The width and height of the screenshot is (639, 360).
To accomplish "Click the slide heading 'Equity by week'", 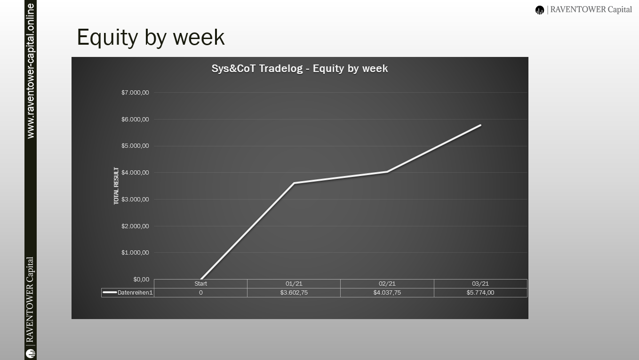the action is [151, 37].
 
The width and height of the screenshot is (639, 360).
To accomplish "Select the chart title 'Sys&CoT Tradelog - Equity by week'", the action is [300, 68].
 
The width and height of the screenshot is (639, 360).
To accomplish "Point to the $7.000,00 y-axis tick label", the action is [135, 92].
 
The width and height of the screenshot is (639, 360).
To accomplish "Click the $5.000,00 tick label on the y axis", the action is [135, 146].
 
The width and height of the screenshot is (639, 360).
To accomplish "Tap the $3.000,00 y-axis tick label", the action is [135, 200].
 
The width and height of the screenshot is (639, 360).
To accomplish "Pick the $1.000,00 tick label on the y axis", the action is [135, 252].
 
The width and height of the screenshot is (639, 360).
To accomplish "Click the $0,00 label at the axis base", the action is [141, 279].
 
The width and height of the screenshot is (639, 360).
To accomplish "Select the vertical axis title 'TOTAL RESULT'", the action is [116, 186].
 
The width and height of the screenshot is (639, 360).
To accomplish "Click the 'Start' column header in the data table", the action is [200, 284].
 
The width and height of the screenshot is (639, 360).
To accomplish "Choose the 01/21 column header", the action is [294, 284].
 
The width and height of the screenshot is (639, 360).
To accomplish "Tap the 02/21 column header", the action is [387, 284].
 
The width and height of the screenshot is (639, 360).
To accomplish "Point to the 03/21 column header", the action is [480, 284].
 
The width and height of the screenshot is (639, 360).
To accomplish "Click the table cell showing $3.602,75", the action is [294, 293].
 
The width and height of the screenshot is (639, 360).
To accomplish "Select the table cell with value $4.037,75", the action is [387, 293].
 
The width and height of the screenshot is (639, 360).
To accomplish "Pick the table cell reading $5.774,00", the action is [480, 293].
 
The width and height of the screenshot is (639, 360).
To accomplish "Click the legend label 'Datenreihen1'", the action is [135, 293].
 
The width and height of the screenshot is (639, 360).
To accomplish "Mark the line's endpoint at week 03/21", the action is [480, 125].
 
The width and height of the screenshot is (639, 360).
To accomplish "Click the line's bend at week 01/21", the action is [294, 183].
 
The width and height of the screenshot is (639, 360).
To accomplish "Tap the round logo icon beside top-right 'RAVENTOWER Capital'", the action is [539, 10].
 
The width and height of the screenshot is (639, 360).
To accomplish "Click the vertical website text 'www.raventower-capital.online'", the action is [31, 71].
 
